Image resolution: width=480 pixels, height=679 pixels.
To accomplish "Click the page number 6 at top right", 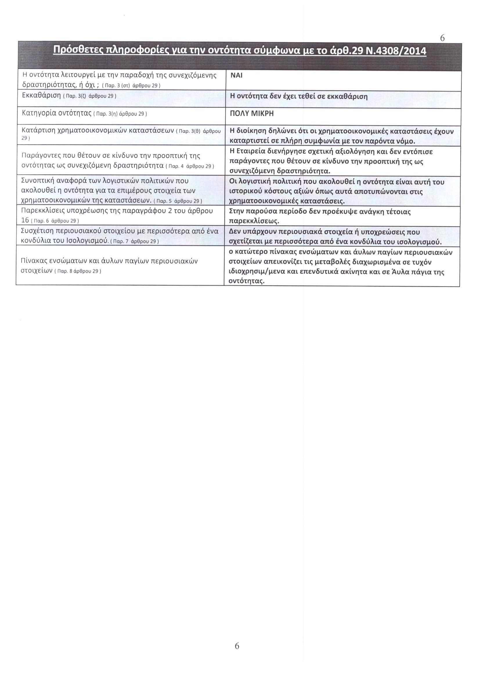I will (442, 38).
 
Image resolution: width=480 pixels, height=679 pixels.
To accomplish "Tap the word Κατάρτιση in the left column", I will (38, 130).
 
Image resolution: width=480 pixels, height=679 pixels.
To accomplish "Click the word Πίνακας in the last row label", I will (33, 261).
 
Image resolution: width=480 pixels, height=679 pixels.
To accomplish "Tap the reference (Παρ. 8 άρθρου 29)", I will (78, 271).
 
